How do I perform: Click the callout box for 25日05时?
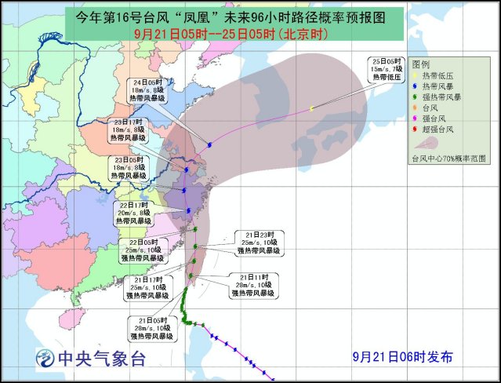[x=387, y=70]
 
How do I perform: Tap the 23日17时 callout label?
[x=129, y=131]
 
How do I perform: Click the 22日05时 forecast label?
[x=143, y=250]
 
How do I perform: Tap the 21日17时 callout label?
[x=150, y=286]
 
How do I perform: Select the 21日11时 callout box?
[x=252, y=285]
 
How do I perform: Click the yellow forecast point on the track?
[x=311, y=108]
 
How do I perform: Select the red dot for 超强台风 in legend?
[x=418, y=128]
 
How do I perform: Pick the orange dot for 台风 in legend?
[x=418, y=106]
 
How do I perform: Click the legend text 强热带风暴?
[x=444, y=96]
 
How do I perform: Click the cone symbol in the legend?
[x=423, y=143]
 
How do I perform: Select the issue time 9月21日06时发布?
[x=401, y=356]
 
